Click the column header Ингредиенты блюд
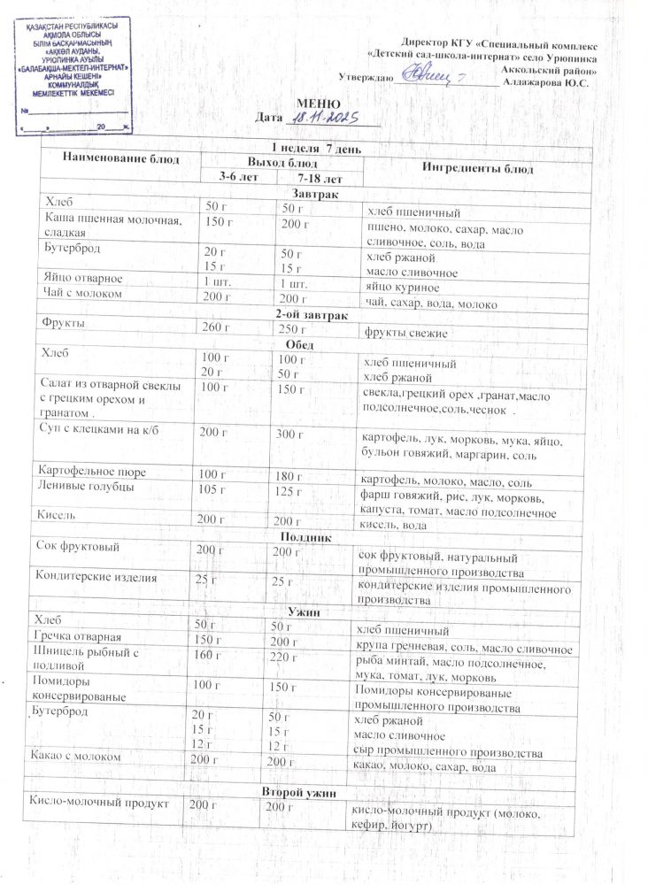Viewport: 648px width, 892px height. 470,168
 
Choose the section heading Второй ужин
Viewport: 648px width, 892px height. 302,789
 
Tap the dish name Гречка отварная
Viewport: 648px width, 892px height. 85,638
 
